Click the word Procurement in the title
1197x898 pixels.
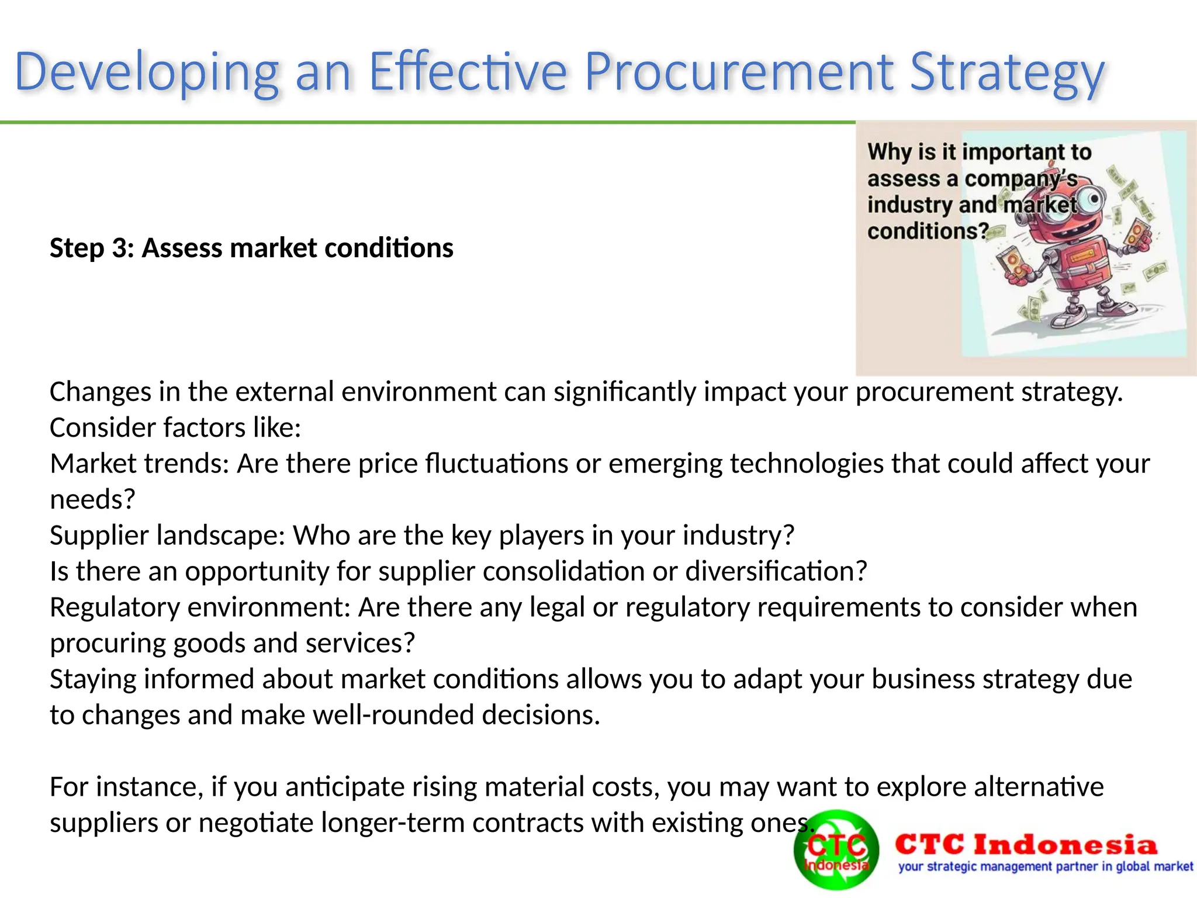pos(740,72)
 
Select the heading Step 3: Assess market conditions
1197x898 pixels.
pos(251,248)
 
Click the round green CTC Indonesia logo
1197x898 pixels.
pos(836,851)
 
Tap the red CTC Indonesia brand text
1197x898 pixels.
pos(1026,845)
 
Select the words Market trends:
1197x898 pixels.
pos(139,464)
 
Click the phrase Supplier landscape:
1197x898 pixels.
pos(167,536)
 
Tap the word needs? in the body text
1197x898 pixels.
pos(92,500)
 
